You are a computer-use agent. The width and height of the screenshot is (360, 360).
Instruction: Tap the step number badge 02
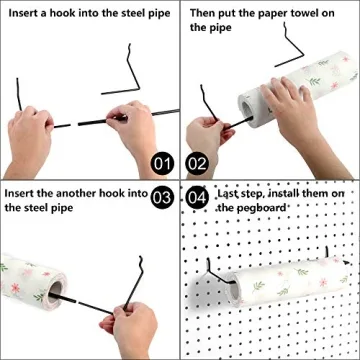[197, 162]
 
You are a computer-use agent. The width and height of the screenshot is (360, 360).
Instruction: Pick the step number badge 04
[197, 197]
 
